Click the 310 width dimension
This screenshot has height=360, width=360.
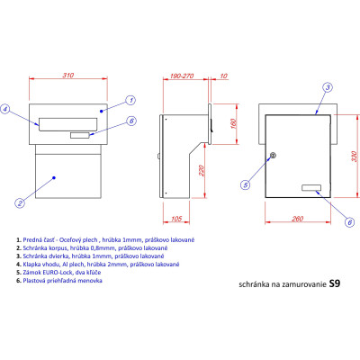coord(68,76)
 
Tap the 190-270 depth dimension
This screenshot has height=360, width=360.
coord(182,76)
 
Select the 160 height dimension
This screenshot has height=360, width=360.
coord(233,123)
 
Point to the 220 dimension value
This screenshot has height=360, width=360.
coord(201,170)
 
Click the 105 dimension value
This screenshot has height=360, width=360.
coord(176,218)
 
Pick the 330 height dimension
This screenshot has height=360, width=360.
coord(354,157)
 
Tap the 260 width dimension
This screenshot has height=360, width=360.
coord(298,219)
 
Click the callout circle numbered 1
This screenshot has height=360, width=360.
coord(130,100)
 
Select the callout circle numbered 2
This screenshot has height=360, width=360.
coord(20,203)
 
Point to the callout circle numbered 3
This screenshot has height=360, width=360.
coord(328,87)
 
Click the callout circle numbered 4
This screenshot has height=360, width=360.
coord(4,109)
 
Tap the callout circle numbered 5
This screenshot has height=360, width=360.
coord(246,184)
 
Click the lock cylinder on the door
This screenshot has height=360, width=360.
coord(273,156)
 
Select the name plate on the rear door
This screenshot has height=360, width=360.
coord(311,188)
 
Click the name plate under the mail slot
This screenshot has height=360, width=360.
coord(80,135)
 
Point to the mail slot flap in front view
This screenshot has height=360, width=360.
coord(68,124)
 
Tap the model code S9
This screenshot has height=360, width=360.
coord(335,283)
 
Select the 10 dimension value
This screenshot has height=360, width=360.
coord(224,76)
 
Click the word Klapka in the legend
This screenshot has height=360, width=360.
coord(31,265)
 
